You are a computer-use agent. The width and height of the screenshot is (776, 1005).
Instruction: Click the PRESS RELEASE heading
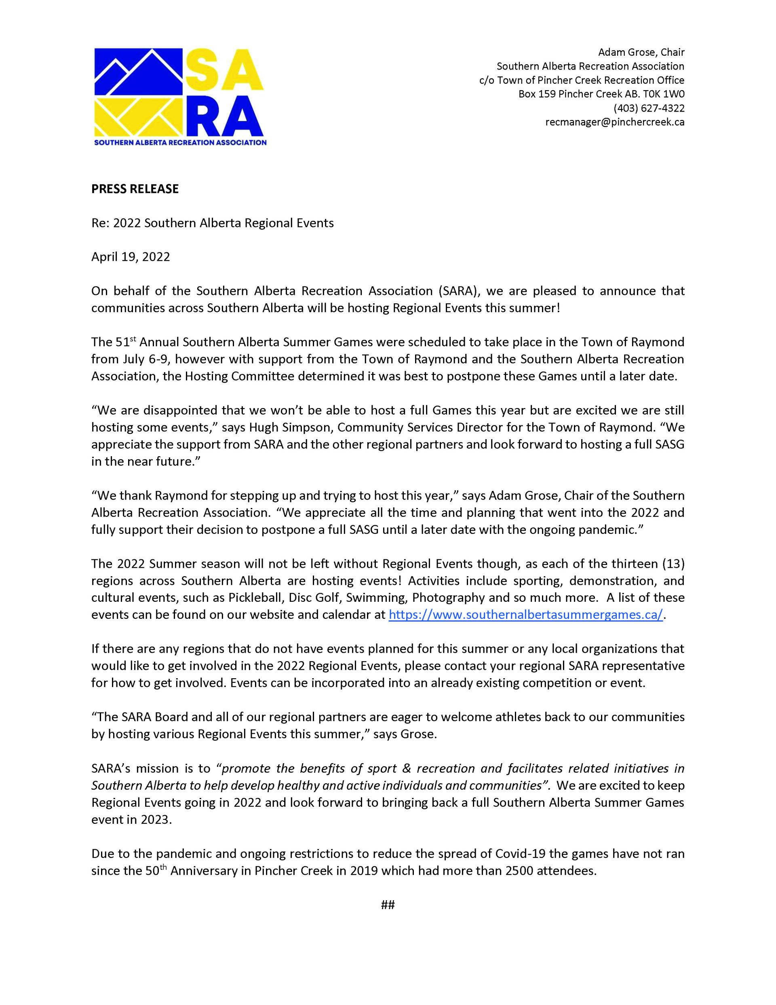coord(135,189)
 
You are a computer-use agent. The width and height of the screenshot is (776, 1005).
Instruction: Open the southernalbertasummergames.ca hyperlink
coord(525,615)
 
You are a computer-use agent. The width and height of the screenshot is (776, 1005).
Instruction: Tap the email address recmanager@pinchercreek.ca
coord(615,122)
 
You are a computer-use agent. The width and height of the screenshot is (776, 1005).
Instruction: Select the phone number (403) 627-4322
coord(649,108)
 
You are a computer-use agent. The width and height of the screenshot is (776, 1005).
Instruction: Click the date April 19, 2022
coord(131,257)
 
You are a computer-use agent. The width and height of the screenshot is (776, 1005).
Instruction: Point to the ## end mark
coord(388,905)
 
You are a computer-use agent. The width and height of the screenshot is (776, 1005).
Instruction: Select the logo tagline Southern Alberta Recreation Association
coord(180,143)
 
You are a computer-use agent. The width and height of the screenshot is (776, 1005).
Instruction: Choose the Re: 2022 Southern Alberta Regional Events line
coord(212,223)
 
